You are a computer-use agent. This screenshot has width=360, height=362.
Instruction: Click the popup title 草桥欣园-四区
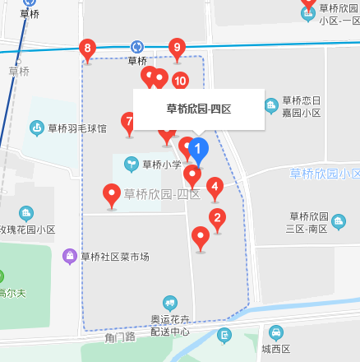tap(198, 109)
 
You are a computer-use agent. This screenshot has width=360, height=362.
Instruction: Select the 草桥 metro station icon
tap(137, 47)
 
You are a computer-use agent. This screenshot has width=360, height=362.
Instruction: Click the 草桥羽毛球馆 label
tap(76, 128)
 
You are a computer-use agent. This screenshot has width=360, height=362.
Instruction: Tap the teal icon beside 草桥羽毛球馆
tap(37, 128)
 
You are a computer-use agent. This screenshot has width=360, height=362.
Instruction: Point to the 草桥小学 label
tap(160, 165)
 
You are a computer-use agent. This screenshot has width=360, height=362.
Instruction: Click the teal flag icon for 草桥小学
tap(131, 165)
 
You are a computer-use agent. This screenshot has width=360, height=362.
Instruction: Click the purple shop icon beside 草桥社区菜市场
tap(71, 257)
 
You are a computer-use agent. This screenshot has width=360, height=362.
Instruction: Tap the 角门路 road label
tap(119, 337)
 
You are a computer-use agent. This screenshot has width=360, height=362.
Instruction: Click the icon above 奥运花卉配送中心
tap(170, 303)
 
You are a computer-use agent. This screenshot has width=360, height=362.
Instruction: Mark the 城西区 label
tap(276, 349)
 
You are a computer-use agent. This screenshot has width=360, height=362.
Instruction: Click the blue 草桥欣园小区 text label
tap(325, 174)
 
